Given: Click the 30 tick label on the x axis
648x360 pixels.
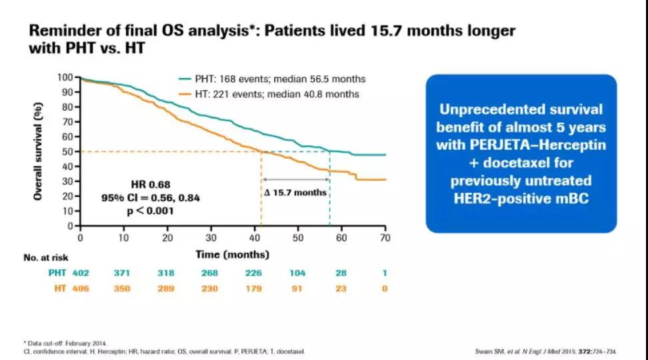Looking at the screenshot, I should coord(211,238).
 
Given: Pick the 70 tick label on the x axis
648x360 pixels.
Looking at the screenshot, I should coord(385,238).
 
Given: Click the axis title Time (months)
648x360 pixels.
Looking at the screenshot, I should coord(233,254).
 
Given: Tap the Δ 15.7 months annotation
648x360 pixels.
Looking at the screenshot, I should coord(295,193).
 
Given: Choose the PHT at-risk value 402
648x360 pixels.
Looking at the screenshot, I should coord(80,273).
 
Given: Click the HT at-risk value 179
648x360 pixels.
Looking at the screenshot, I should coord(254,288).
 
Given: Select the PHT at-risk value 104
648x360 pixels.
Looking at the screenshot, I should coord(297,273).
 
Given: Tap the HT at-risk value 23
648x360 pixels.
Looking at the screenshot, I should coord(341,288).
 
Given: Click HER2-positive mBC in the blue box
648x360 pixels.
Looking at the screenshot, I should coord(519,199).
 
